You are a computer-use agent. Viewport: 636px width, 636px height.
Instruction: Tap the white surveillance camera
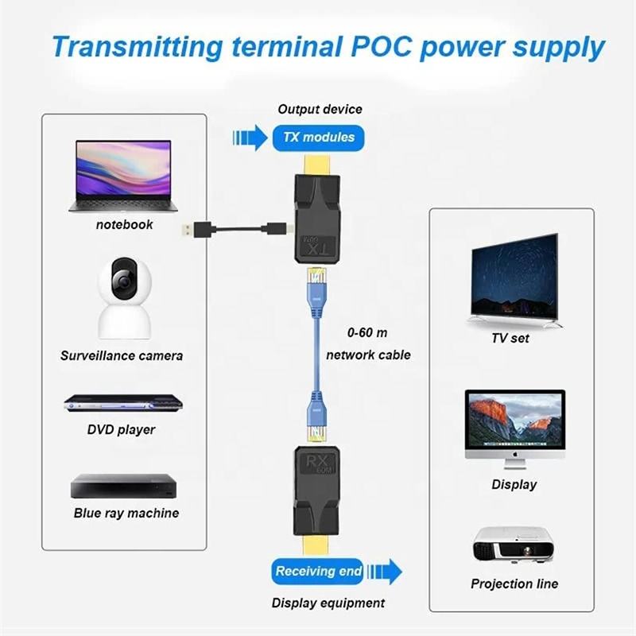coord(123,299)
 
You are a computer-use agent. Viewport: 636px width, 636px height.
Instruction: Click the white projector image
coord(513,546)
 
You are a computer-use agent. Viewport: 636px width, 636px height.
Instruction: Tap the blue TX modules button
coord(319,137)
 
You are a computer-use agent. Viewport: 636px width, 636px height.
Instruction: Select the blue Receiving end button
coord(319,571)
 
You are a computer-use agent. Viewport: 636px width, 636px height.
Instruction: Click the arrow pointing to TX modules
coord(249,137)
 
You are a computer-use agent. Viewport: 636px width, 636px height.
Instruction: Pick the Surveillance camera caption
coord(122,355)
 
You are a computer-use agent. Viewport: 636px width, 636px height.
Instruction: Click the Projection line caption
coord(514,584)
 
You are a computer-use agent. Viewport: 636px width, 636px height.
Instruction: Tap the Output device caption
coord(320,109)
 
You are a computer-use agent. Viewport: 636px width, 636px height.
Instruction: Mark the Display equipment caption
coord(328,603)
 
